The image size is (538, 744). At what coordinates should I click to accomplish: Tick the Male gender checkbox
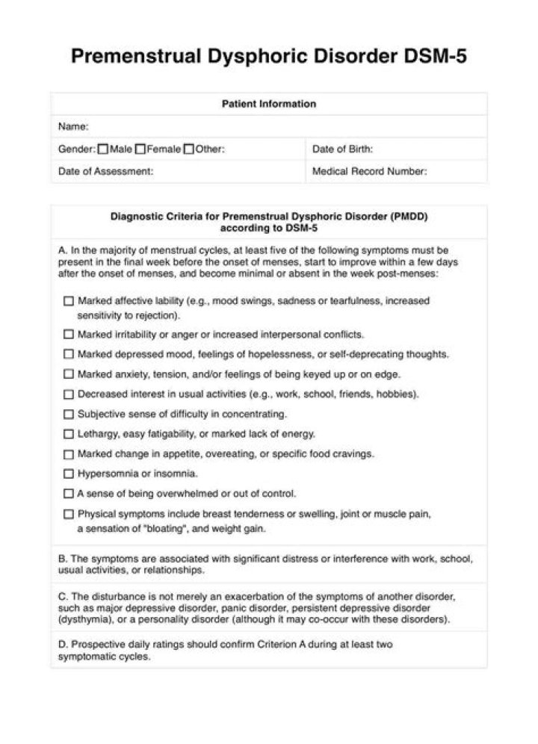(103, 149)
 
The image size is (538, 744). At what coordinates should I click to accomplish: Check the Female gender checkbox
(140, 149)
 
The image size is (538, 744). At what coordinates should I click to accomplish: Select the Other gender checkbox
(189, 149)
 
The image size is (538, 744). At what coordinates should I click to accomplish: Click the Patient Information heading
(269, 104)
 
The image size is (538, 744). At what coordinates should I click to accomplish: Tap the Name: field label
(74, 126)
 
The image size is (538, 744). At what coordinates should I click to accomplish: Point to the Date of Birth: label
(342, 149)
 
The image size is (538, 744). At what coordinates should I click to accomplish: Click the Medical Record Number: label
(369, 171)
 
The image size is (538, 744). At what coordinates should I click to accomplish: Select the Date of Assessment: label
(106, 171)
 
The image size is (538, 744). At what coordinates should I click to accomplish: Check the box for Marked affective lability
(69, 301)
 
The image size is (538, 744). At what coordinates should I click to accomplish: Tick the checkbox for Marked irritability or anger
(69, 334)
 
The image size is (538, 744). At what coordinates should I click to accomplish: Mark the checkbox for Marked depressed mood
(69, 354)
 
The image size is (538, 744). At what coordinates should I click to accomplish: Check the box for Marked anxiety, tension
(69, 374)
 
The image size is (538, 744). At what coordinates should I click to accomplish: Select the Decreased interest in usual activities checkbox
(69, 394)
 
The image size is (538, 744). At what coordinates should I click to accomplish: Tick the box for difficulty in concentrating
(69, 414)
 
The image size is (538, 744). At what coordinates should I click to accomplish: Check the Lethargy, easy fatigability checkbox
(69, 434)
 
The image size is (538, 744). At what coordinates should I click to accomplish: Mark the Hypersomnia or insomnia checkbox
(69, 474)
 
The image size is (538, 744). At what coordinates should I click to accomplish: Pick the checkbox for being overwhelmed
(69, 494)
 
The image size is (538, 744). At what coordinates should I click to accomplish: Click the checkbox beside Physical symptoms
(69, 514)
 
